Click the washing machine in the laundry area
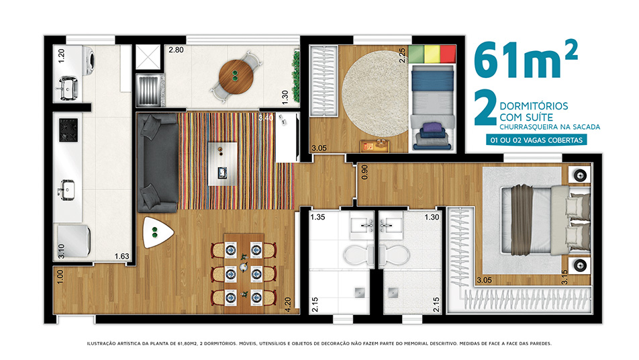[x=89, y=61]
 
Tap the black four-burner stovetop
[x=68, y=130]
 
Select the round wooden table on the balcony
[x=236, y=77]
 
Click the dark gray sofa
[x=158, y=163]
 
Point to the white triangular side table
[x=156, y=232]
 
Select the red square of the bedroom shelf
[x=448, y=54]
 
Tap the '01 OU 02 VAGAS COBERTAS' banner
[x=536, y=140]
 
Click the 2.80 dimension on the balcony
[x=176, y=50]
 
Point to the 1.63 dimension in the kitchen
[x=121, y=256]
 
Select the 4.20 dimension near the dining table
[x=288, y=304]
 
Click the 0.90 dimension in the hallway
[x=364, y=172]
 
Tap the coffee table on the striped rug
[x=223, y=164]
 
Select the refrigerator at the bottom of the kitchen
[x=74, y=241]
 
